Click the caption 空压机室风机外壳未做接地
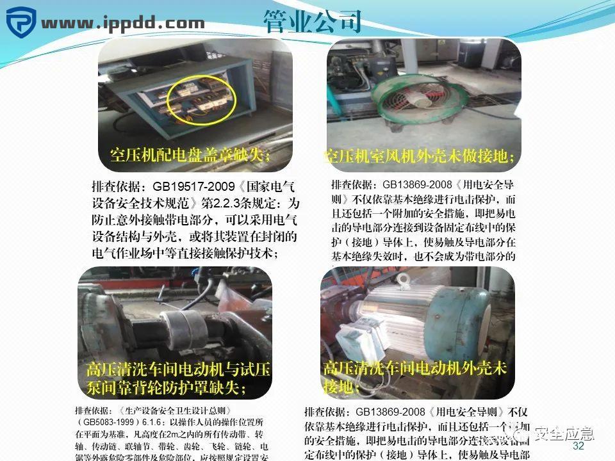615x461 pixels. pyautogui.click(x=420, y=156)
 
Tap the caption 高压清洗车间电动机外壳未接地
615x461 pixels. pyautogui.click(x=414, y=376)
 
